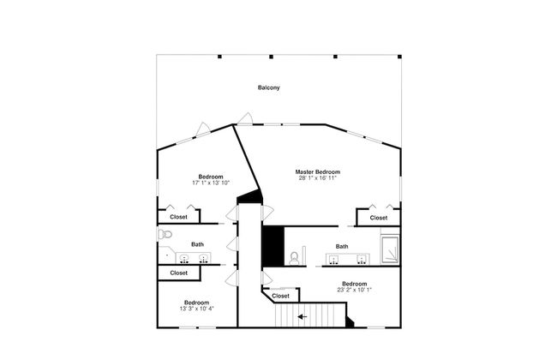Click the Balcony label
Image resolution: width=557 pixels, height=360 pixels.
click(x=269, y=87)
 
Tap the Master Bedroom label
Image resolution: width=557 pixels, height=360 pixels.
click(x=318, y=172)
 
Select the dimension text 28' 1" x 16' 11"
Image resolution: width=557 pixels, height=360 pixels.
click(x=318, y=178)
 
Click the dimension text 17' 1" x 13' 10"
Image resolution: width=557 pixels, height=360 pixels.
click(x=211, y=183)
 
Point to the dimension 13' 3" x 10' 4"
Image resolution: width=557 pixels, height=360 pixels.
click(x=197, y=309)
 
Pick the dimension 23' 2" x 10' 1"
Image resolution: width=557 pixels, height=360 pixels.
click(x=354, y=290)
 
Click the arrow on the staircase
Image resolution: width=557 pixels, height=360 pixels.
click(x=302, y=316)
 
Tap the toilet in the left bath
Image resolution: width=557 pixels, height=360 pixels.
click(x=165, y=234)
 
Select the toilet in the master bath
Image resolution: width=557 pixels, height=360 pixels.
click(x=294, y=258)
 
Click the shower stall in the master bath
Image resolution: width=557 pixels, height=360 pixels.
click(x=390, y=249)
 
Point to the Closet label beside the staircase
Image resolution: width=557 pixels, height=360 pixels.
click(x=280, y=296)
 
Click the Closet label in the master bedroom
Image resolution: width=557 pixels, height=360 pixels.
click(x=378, y=218)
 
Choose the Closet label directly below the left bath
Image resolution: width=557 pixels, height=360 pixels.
click(x=179, y=273)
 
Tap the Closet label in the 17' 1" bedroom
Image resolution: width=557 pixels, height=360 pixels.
click(x=178, y=217)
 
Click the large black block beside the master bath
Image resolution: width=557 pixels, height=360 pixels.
click(x=273, y=246)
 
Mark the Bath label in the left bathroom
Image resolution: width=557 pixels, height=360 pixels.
click(x=197, y=244)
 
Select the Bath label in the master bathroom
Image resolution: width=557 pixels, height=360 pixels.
click(x=342, y=246)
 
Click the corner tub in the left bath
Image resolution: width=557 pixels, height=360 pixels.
click(x=166, y=255)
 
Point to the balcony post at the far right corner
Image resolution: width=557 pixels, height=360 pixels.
click(x=399, y=57)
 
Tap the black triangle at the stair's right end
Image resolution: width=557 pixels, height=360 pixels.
click(x=350, y=322)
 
